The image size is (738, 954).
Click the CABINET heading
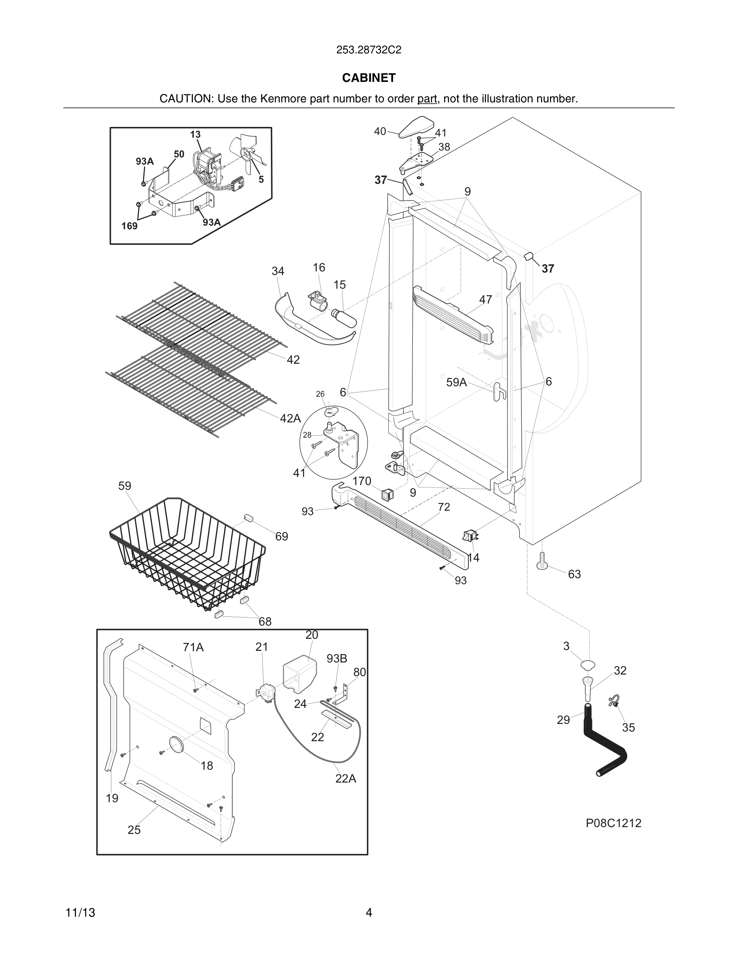coord(369,78)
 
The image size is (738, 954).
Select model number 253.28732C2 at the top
coord(369,50)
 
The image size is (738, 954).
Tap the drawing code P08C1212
coord(613,823)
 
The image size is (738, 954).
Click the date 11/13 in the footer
coord(80,913)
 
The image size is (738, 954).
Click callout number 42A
coord(290,418)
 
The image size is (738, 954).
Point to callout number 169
coord(129,226)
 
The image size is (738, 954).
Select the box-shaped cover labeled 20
coord(299,675)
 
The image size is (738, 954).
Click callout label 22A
coord(345,779)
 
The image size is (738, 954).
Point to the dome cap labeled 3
coord(588,665)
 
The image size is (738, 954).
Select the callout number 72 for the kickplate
coord(444,507)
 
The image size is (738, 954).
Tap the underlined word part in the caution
coord(427,99)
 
